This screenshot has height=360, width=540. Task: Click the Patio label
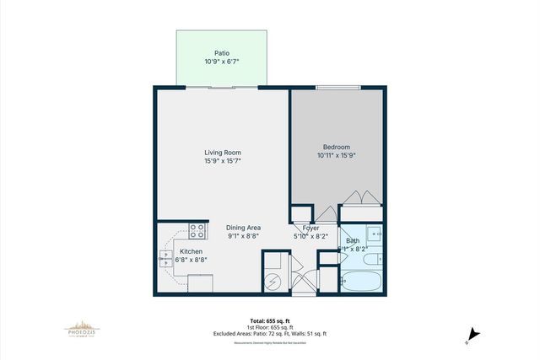(221, 52)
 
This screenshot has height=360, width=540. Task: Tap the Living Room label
(223, 152)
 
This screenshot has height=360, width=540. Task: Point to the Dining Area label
(244, 228)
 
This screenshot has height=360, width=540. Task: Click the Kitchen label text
(191, 251)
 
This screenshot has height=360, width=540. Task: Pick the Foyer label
(311, 228)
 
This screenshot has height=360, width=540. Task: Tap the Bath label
(353, 241)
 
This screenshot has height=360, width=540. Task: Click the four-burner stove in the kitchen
(197, 230)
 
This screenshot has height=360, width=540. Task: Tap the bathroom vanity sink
(376, 233)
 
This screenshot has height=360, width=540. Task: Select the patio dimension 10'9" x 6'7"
(221, 62)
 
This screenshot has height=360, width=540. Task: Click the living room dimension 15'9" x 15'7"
(223, 161)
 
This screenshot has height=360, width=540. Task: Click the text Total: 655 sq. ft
(269, 321)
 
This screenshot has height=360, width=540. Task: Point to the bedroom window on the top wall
(333, 86)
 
